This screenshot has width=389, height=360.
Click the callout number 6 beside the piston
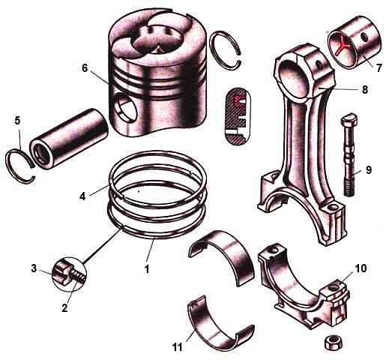[x=85, y=68]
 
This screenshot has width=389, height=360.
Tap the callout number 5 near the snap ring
[x=17, y=121]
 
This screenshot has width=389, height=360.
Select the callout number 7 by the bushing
[x=379, y=67]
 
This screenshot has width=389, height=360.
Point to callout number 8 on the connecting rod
[x=365, y=89]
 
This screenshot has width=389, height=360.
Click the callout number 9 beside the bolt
[x=369, y=170]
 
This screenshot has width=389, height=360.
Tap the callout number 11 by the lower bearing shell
[x=177, y=347]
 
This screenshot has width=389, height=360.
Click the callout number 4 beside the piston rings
[x=82, y=196]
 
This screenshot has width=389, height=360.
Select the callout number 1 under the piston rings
[x=147, y=269]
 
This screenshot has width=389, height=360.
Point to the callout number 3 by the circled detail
[x=34, y=268]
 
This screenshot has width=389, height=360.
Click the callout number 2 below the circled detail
[x=64, y=307]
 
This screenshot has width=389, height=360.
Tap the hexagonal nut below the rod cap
[x=334, y=343]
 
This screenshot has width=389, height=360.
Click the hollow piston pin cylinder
[x=69, y=139]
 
